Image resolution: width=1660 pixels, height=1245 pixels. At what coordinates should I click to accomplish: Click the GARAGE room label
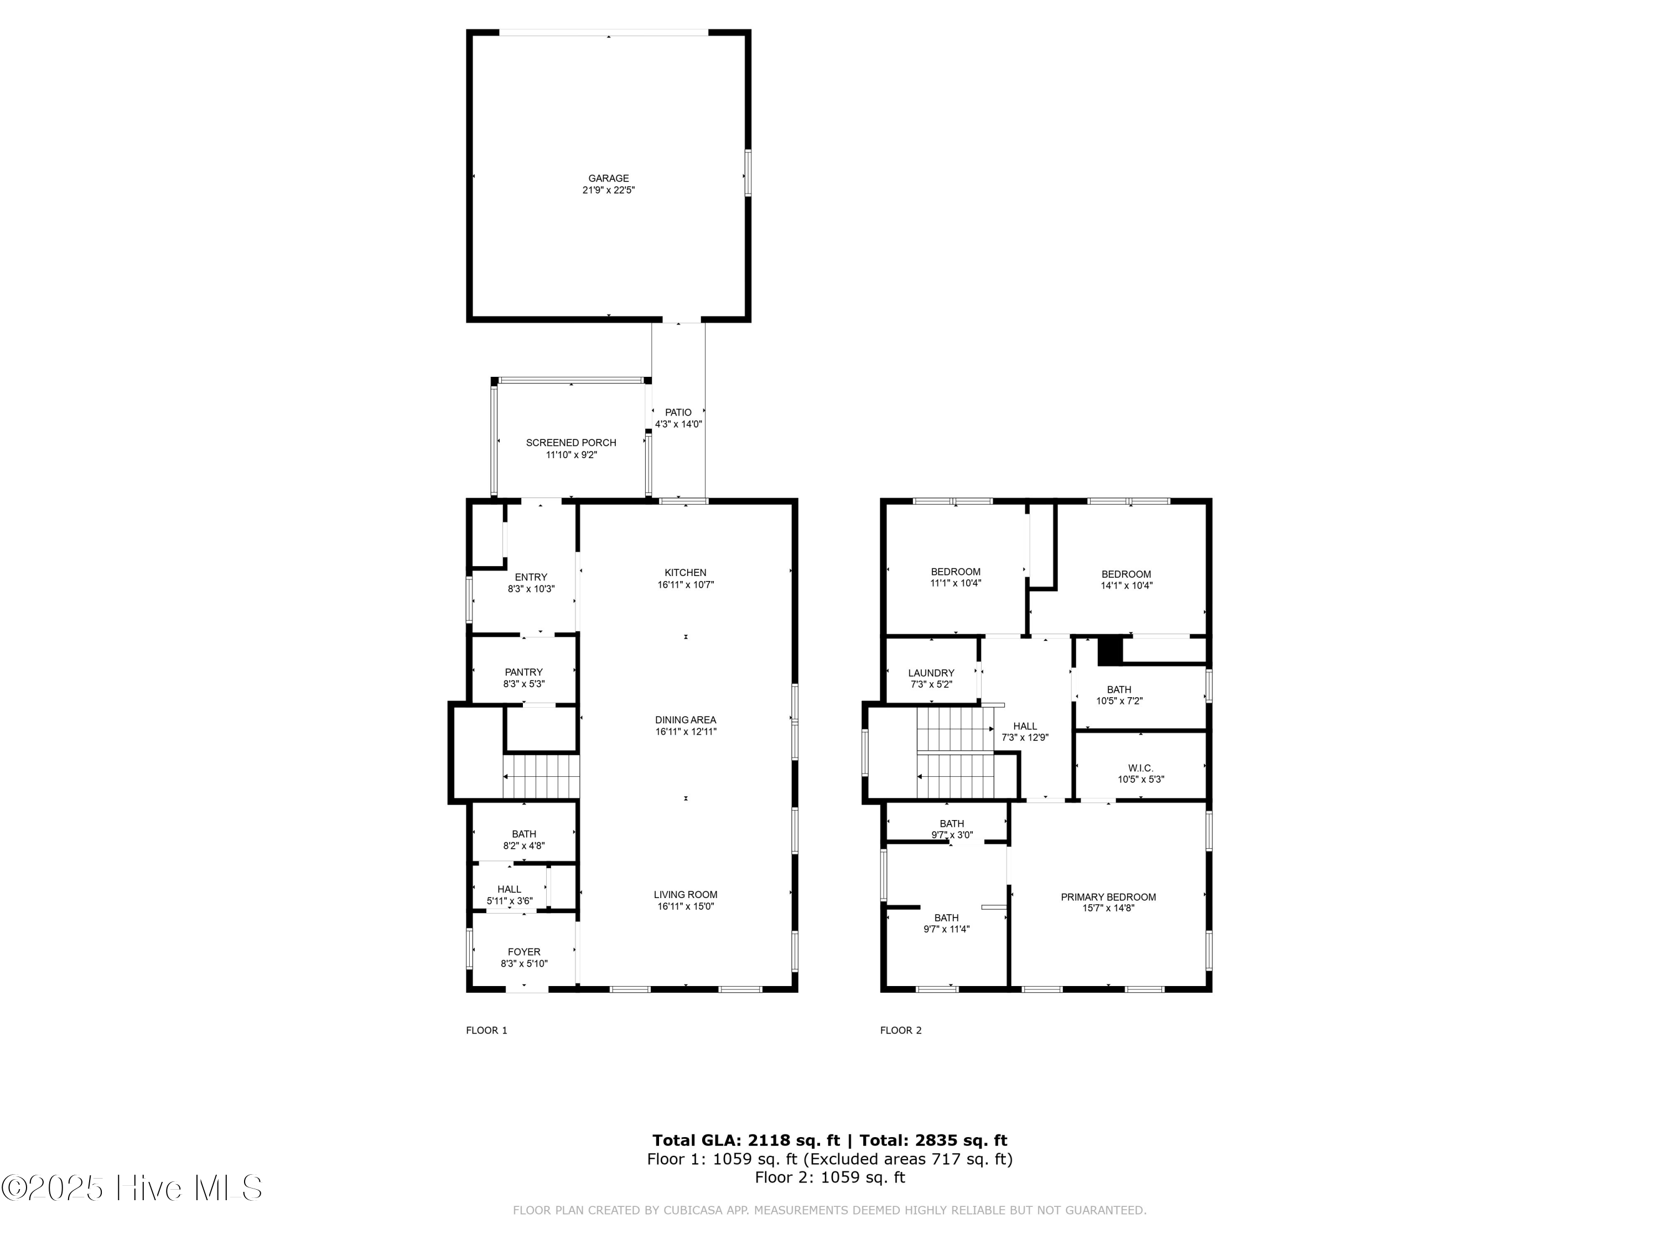click(x=608, y=178)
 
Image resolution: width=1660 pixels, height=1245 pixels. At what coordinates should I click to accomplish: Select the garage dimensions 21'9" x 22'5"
click(x=608, y=190)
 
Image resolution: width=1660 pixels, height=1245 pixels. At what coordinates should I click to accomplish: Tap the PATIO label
click(x=678, y=412)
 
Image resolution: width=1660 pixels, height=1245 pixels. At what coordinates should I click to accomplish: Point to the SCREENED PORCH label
click(x=570, y=443)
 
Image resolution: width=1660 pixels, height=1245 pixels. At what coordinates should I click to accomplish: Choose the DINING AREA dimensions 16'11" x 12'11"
click(x=685, y=732)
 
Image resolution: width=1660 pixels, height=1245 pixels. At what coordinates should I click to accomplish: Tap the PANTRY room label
click(x=523, y=672)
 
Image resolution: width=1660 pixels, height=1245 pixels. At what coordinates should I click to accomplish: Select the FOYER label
click(x=523, y=952)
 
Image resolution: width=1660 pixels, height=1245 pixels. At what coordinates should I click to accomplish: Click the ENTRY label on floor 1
click(x=531, y=577)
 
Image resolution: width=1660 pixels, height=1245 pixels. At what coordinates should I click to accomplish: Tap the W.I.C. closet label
click(x=1140, y=767)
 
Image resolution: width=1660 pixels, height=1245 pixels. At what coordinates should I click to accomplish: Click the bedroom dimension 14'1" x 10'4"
click(x=1125, y=586)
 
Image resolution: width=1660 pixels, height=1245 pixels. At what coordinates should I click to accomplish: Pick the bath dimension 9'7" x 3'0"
click(x=952, y=835)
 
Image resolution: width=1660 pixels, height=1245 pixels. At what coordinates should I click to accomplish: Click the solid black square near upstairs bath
click(x=1109, y=650)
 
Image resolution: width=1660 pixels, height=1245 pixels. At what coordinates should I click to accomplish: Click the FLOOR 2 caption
click(x=900, y=1030)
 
